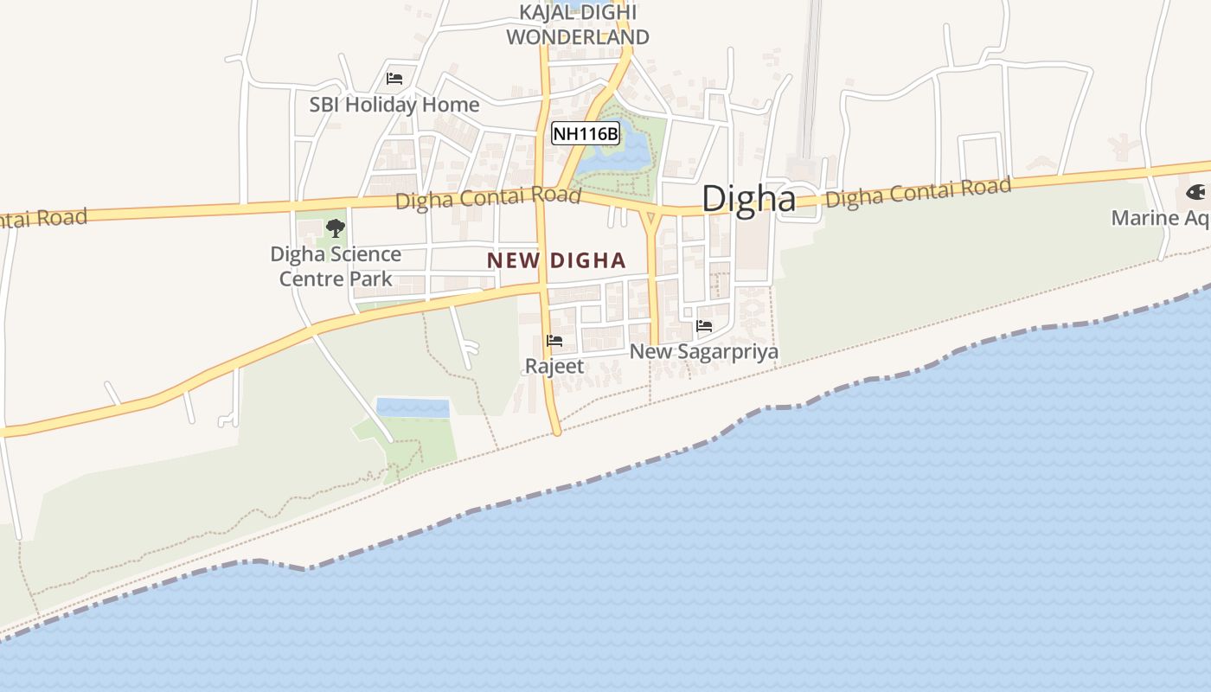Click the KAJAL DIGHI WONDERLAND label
point(577,25)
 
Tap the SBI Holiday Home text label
point(394,105)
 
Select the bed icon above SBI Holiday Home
point(394,79)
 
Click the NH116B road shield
point(586,133)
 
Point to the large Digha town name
point(748,198)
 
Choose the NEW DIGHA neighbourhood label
point(556,260)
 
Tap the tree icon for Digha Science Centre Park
point(336,228)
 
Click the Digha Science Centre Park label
point(336,266)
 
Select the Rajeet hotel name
point(554,366)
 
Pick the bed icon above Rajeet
point(554,341)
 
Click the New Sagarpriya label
point(704,352)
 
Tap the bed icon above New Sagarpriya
point(704,326)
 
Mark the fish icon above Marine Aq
point(1196,192)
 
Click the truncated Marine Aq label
point(1160,217)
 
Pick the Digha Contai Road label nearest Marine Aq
point(918,192)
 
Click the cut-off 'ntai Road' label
point(43,218)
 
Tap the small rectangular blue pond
point(413,407)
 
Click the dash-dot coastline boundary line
point(605,477)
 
